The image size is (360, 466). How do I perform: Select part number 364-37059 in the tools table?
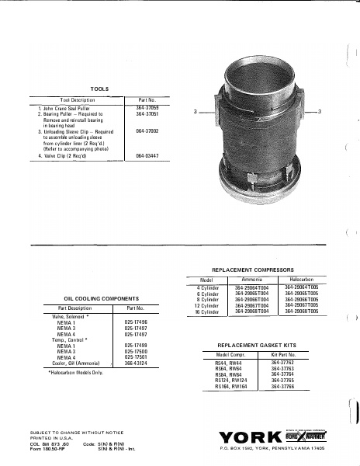147,107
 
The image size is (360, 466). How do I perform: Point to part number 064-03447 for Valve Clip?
147,156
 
